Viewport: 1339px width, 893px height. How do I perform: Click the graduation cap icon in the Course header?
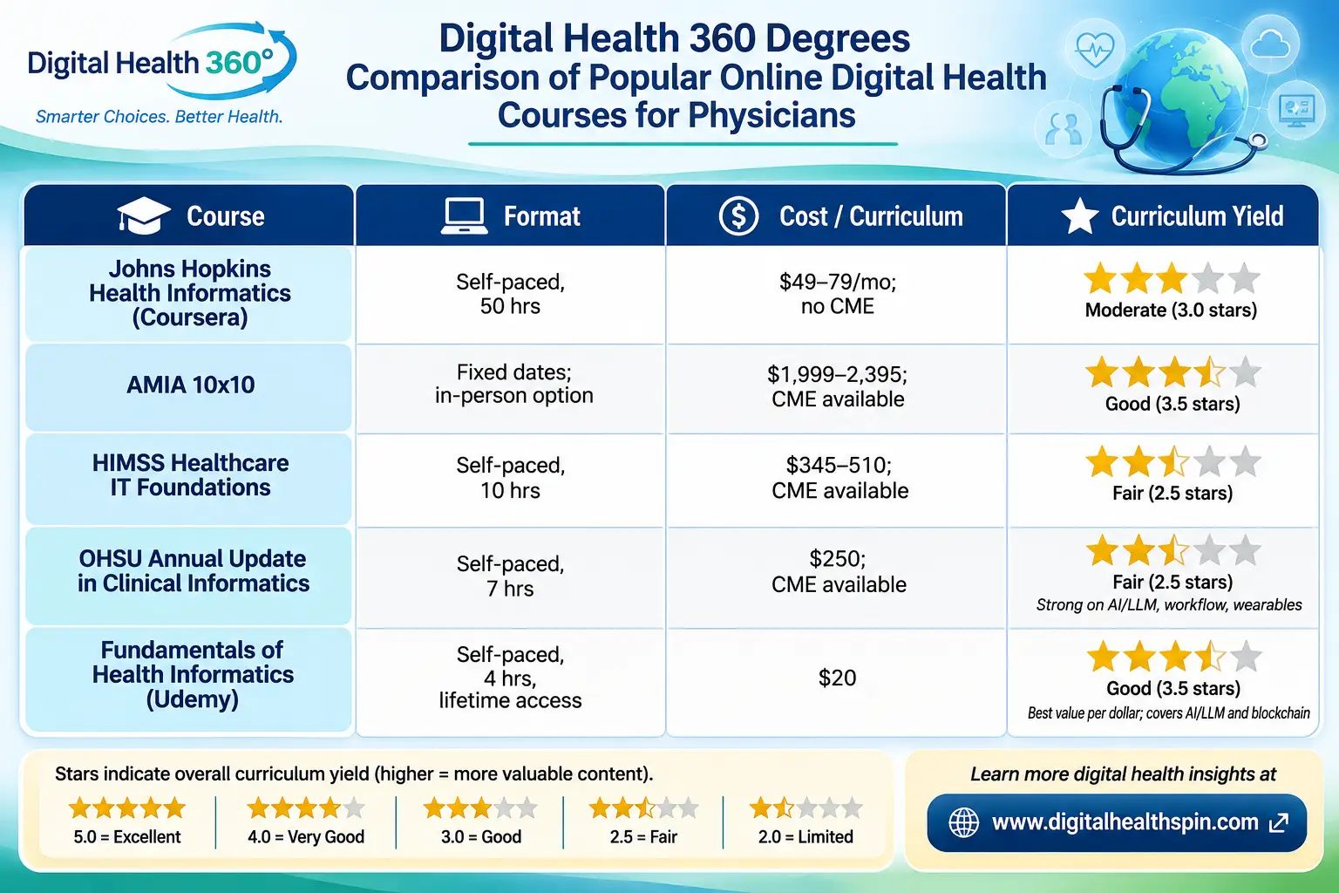tap(144, 215)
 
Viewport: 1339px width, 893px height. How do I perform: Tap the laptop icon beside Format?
tap(464, 216)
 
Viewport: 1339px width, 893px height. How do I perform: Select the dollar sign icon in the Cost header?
tap(739, 215)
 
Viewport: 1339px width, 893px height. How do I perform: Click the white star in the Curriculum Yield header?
tap(1079, 216)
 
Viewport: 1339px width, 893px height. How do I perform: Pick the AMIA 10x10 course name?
tap(191, 385)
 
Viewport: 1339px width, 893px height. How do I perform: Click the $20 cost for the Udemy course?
tap(837, 678)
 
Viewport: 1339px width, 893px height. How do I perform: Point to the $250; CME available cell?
tap(838, 571)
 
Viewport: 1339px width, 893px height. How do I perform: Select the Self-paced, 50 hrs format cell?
tap(511, 294)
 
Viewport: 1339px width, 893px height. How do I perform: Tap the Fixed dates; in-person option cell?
tap(514, 384)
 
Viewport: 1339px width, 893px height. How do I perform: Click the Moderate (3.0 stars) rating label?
tap(1171, 310)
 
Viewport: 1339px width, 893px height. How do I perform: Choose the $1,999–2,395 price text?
tap(837, 374)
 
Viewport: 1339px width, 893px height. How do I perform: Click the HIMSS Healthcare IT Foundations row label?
tap(190, 475)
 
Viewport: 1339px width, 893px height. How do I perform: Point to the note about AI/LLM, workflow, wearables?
tap(1169, 604)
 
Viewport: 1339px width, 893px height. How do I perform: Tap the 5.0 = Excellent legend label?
tap(126, 836)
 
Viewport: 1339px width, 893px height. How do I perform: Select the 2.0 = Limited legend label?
tap(805, 836)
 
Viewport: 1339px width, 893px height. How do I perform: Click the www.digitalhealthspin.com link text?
tap(1125, 822)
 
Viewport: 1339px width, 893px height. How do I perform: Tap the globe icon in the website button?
tap(963, 822)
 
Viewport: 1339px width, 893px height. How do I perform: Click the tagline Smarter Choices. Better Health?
tap(159, 116)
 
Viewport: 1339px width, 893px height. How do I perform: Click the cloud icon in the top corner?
tap(1269, 44)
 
